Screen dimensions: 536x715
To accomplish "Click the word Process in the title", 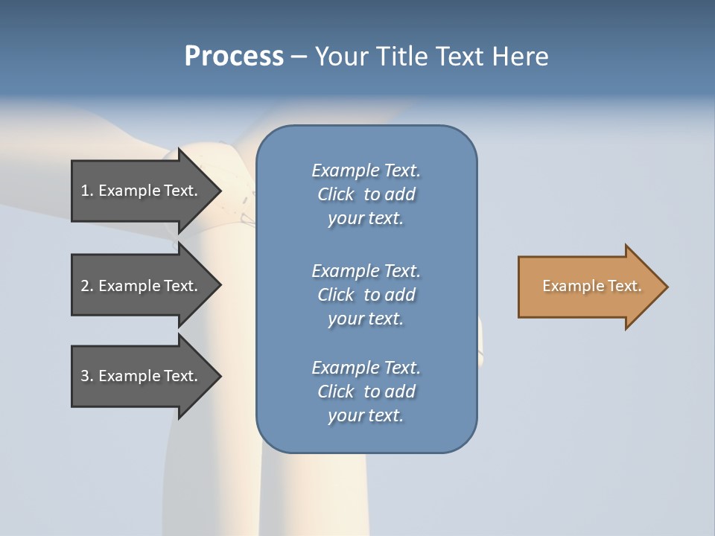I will click(x=234, y=57).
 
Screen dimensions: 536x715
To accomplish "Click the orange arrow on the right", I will click(x=588, y=287).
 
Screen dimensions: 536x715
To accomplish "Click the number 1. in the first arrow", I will click(x=87, y=191).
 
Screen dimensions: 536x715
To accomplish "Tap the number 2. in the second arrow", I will click(x=87, y=286).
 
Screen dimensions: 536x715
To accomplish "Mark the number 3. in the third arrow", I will click(x=87, y=376).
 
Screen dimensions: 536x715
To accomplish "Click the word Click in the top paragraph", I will click(x=336, y=194).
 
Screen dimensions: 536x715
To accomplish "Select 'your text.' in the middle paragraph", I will click(x=366, y=319).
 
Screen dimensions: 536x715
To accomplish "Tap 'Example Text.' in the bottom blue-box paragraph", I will click(x=366, y=368).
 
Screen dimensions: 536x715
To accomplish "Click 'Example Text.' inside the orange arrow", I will click(x=591, y=286).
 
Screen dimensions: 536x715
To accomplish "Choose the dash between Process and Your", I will click(x=299, y=57).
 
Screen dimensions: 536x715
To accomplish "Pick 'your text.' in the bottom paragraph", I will click(x=366, y=415).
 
